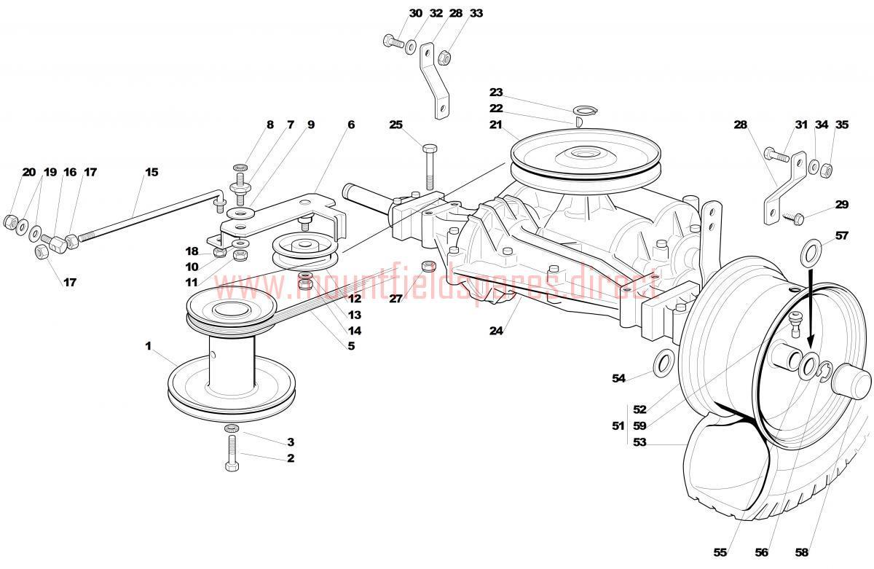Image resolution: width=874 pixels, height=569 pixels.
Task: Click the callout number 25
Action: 395,125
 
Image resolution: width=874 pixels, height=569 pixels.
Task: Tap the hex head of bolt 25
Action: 430,149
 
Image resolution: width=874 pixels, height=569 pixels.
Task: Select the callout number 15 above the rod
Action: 151,172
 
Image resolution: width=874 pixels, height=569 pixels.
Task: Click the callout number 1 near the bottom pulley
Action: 148,346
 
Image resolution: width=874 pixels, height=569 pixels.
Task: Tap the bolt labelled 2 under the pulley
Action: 232,453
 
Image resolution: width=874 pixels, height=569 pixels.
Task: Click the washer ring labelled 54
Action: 663,364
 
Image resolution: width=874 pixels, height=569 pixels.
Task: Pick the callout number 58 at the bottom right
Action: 801,552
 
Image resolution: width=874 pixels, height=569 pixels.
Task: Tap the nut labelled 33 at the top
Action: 444,58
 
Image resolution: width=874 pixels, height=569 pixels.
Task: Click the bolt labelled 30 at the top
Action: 393,41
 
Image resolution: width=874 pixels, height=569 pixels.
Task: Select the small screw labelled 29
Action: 792,216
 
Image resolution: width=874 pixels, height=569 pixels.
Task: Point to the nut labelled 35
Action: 826,170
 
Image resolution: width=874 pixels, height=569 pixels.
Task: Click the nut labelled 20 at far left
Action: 9,221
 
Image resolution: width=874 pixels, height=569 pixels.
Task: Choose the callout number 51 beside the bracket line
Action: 618,425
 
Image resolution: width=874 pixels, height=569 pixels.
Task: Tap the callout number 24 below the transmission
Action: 496,331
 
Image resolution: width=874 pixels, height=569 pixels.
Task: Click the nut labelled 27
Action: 428,267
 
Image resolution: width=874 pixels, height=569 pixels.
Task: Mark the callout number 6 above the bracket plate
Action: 351,125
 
